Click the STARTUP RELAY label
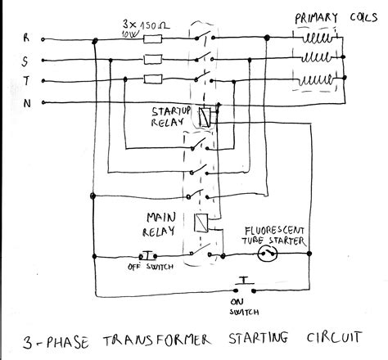173,115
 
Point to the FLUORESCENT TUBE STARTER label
274,235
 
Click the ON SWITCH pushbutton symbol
244,284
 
